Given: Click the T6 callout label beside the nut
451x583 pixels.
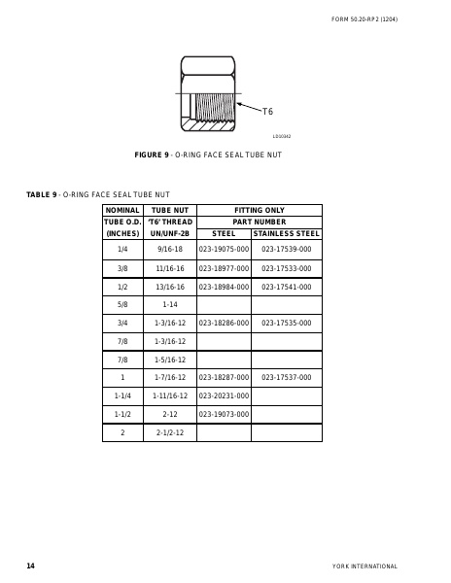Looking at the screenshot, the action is [x=267, y=112].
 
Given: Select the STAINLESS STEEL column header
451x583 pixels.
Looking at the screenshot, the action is [x=286, y=234].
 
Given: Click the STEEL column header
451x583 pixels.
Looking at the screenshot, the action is [x=224, y=234].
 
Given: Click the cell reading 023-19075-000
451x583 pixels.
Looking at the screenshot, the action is [x=224, y=250].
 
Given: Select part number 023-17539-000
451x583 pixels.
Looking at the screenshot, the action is [x=286, y=250].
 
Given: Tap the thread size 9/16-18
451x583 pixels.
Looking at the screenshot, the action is [x=170, y=250].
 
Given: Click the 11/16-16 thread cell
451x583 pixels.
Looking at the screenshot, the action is [x=170, y=268].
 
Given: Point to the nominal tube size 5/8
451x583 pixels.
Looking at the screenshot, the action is [x=122, y=304].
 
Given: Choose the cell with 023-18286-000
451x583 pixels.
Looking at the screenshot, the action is [x=224, y=323].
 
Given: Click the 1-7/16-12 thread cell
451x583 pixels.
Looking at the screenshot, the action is [x=170, y=377].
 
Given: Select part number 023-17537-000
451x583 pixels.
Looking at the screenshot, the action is [x=286, y=377].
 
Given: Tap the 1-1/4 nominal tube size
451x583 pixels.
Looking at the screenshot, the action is [x=122, y=395].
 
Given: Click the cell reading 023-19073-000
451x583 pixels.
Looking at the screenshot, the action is [x=224, y=414].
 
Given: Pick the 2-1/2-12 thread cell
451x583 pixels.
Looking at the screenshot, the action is [x=170, y=432].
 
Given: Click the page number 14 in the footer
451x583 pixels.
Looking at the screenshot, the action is [x=30, y=566].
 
